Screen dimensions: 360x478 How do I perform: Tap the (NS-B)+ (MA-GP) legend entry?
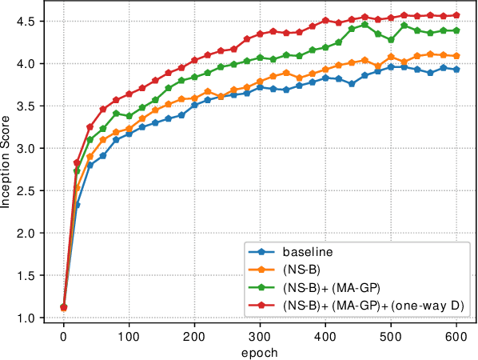coord(332,287)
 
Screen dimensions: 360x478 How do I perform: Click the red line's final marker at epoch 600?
coord(456,15)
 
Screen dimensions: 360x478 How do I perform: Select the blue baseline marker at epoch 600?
coord(456,70)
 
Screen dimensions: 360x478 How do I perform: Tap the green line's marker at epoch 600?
coord(456,30)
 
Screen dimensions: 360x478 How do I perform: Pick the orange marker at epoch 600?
coord(456,56)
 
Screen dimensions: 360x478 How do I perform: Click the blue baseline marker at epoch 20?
coord(77,205)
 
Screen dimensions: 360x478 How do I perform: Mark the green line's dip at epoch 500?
coord(391,40)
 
